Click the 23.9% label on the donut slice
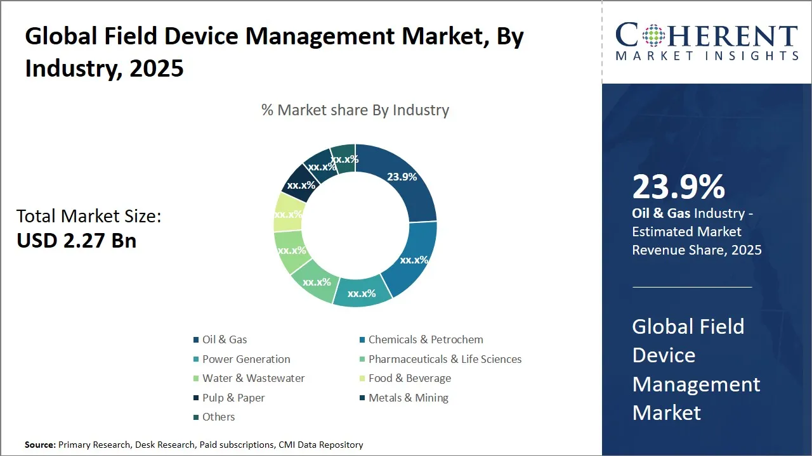[402, 177]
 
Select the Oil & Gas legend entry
[224, 339]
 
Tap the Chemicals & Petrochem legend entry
[425, 339]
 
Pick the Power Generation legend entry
[246, 359]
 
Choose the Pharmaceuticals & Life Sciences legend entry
[444, 359]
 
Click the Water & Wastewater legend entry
[253, 378]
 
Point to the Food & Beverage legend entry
[409, 378]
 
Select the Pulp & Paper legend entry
[233, 398]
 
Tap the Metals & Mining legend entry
[408, 398]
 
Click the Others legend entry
[218, 417]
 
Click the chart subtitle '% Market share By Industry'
[355, 110]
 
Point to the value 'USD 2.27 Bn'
[77, 241]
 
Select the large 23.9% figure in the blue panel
[678, 187]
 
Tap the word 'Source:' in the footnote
[40, 445]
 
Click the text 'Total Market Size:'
[89, 216]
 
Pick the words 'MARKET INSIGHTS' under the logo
[707, 56]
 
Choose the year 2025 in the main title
[156, 68]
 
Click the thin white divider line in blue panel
[691, 287]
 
